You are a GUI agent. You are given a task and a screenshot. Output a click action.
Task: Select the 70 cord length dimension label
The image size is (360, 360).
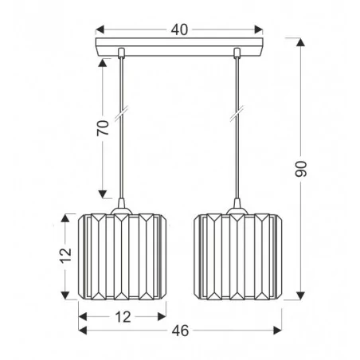click(103, 130)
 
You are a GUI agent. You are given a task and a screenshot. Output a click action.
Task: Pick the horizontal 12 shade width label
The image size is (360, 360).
click(120, 316)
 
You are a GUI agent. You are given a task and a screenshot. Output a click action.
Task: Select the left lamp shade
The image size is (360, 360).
click(119, 256)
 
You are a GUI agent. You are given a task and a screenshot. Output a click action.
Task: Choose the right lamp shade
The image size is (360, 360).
click(237, 256)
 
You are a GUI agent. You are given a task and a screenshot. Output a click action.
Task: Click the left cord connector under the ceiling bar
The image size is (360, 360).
click(120, 54)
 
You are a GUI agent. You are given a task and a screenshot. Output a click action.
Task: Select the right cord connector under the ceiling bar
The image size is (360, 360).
click(237, 54)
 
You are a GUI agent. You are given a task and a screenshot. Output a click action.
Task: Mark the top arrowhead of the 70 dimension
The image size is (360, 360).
click(103, 62)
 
